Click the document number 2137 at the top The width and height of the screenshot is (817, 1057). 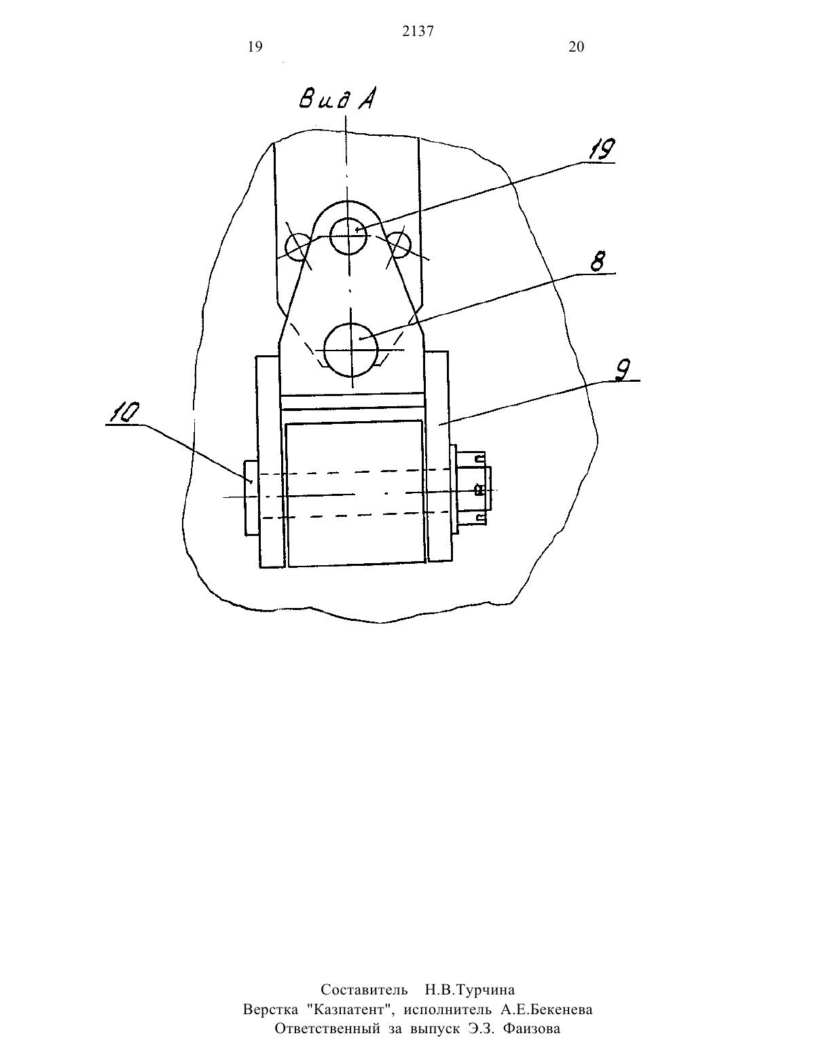[x=418, y=31]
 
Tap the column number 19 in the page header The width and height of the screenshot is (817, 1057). [x=255, y=47]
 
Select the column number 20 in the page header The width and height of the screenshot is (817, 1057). [x=577, y=47]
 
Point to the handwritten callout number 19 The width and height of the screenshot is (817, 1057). [x=601, y=149]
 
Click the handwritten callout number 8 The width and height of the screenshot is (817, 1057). [x=598, y=262]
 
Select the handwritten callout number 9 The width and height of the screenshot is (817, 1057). [x=622, y=370]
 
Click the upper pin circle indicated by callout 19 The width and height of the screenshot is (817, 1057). [x=348, y=236]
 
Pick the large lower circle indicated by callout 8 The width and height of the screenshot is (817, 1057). [x=350, y=350]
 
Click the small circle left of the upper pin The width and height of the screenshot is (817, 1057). [x=297, y=247]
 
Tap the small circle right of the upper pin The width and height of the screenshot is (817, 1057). [x=399, y=245]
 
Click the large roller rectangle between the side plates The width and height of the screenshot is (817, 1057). [x=356, y=493]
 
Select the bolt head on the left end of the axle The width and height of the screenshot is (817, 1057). [x=251, y=498]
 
